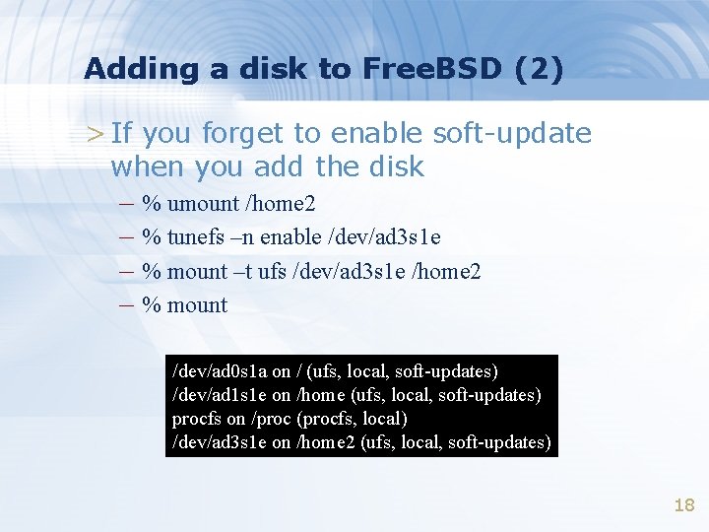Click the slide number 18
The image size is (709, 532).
point(683,505)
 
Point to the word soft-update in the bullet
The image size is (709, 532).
point(511,133)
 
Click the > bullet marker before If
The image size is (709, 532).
point(94,133)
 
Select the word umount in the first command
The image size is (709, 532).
point(204,205)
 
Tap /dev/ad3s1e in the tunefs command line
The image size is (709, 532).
point(387,237)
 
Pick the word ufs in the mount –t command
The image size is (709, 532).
point(272,271)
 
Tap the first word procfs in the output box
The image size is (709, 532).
point(195,419)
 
